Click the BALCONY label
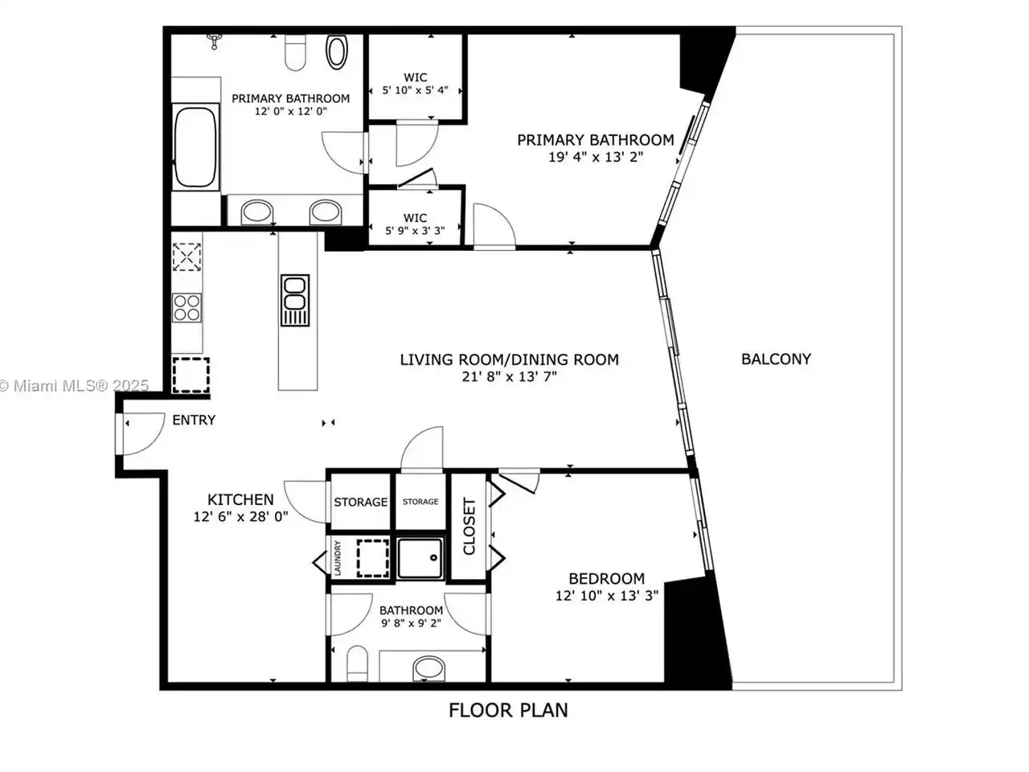click(776, 359)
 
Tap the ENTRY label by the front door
click(194, 420)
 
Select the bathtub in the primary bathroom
click(195, 147)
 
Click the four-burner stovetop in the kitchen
click(187, 308)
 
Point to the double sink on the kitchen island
click(295, 301)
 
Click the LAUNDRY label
click(338, 558)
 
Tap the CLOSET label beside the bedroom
click(469, 526)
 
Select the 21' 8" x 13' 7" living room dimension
click(509, 377)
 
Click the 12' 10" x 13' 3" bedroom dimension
click(607, 596)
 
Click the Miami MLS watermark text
click(74, 386)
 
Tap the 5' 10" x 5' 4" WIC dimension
click(415, 90)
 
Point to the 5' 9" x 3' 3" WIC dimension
click(415, 231)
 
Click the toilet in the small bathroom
click(357, 663)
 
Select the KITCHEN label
click(240, 499)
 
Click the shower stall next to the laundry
click(420, 558)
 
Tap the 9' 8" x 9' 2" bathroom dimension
click(411, 623)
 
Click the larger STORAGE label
click(360, 502)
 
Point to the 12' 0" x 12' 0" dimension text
click(291, 112)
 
